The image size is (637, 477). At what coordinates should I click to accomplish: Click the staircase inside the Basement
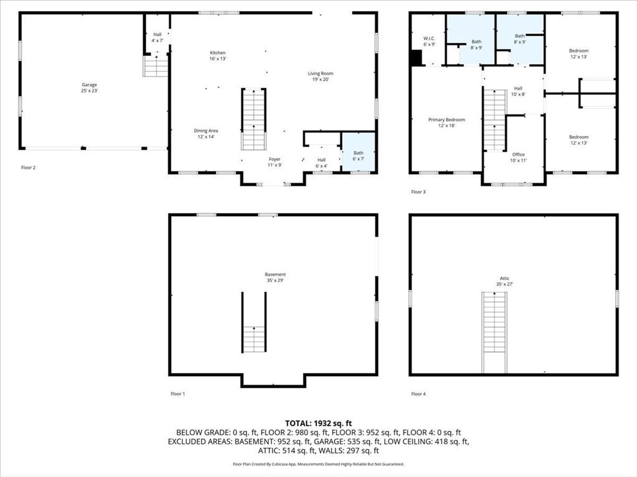(254, 338)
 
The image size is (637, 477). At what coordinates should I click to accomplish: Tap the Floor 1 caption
(178, 394)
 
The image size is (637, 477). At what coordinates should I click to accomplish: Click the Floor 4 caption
(419, 394)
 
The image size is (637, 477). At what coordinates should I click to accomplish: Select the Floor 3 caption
(419, 192)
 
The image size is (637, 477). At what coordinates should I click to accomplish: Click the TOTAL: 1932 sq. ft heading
(318, 422)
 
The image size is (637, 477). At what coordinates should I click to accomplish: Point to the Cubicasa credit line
(318, 464)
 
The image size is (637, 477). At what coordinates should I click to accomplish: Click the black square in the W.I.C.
(416, 57)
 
